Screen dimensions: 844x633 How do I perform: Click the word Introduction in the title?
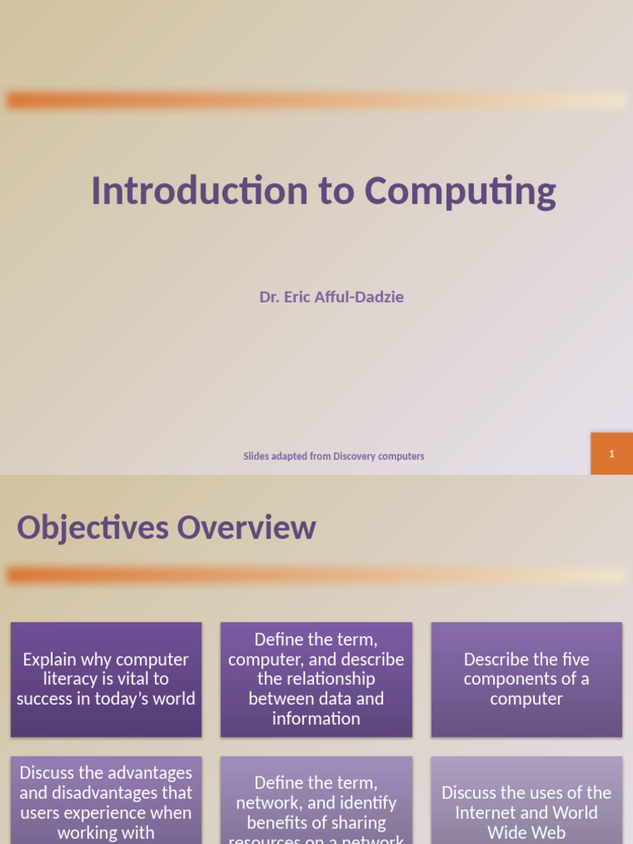(199, 190)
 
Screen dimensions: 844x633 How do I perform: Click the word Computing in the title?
(460, 192)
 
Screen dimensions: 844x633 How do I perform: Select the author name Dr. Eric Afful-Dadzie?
(331, 297)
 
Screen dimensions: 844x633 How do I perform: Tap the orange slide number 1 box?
(612, 453)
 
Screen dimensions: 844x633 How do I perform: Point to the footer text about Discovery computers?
(334, 456)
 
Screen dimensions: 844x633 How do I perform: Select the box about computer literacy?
(106, 679)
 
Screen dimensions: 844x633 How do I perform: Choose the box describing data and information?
(316, 679)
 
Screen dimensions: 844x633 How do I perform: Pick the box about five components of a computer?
(527, 679)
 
